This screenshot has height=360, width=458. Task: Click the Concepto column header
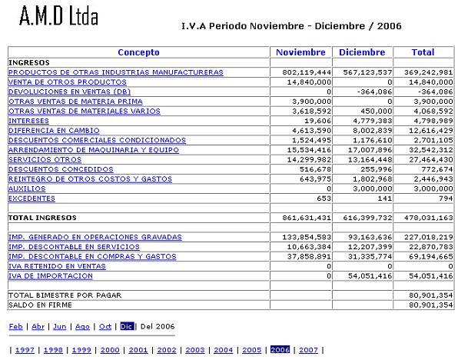pos(138,52)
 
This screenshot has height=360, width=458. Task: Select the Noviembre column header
pos(301,52)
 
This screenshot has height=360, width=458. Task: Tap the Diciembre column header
pos(362,52)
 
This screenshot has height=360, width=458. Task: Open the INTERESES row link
pos(28,121)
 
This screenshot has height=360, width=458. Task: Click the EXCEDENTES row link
pos(32,198)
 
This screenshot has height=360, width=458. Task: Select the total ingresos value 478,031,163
pos(423,218)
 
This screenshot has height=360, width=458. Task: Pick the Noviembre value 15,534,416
pos(306,150)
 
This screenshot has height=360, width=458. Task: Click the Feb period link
pos(15,326)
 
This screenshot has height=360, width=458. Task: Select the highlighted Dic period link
pos(127,326)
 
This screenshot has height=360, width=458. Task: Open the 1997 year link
pos(25,350)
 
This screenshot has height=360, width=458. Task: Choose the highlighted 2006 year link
pos(280,350)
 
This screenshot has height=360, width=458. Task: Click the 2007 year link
pos(308,350)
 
